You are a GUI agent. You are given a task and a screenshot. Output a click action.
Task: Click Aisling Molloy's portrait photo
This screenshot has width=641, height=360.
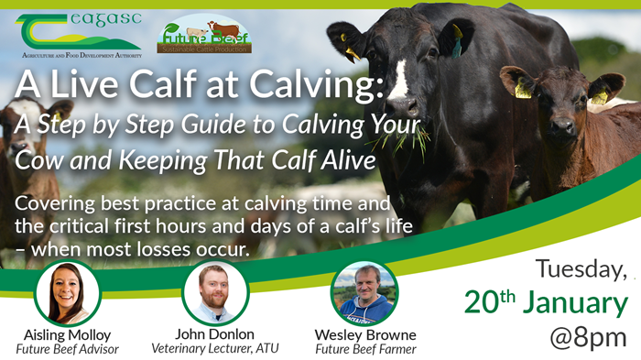pos(66,293)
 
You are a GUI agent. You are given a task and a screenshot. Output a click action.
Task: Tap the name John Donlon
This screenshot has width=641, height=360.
pos(215,334)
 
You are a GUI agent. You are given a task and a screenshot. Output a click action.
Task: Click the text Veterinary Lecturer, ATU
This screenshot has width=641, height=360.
pos(215,349)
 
